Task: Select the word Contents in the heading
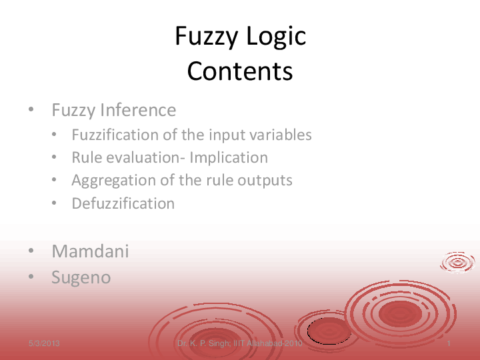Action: [x=240, y=71]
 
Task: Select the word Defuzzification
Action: [x=123, y=203]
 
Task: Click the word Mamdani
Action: [x=90, y=251]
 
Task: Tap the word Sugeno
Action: [x=81, y=277]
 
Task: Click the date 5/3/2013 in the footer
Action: [x=44, y=343]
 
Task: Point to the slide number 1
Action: [x=451, y=343]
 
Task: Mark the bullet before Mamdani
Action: [x=31, y=252]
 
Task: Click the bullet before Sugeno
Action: [x=31, y=278]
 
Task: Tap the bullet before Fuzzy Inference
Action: [x=31, y=110]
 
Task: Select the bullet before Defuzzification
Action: [x=53, y=204]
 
